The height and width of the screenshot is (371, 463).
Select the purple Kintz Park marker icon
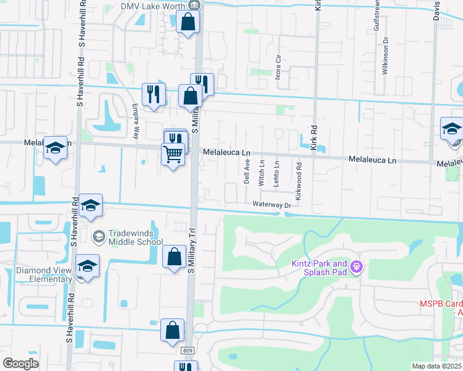tap(356, 267)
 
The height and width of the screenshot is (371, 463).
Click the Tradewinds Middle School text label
tap(136, 238)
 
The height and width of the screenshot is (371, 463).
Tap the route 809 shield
tap(189, 351)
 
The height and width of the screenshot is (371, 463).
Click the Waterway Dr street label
tap(271, 205)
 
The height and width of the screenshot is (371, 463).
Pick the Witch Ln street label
tap(262, 171)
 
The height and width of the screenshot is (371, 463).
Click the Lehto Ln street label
tap(277, 171)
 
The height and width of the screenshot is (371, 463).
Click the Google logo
tap(20, 364)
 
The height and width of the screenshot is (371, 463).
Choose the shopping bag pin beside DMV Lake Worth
tap(188, 22)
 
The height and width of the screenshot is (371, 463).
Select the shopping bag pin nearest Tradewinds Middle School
tap(174, 255)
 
